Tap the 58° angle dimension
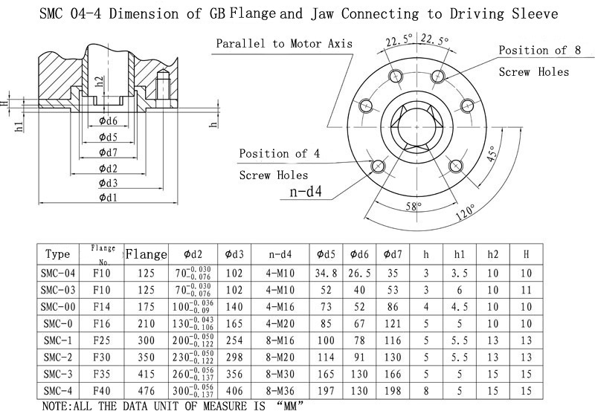coord(413,205)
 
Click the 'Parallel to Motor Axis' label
coord(284,43)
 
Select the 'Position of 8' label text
coord(533,51)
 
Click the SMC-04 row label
coord(57,274)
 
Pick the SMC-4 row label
coord(57,390)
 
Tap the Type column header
coord(57,254)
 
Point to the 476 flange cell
coord(146,390)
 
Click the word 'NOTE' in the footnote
coord(57,407)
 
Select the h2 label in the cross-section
coord(100,81)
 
